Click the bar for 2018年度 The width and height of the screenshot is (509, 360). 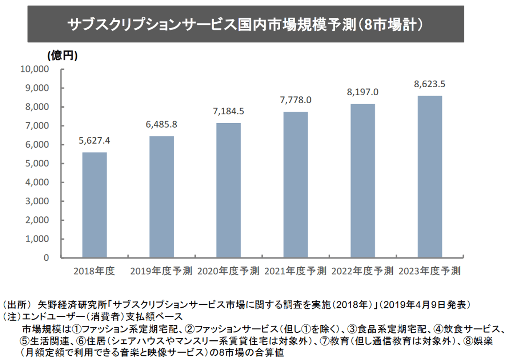click(x=95, y=205)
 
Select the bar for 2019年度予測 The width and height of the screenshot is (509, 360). click(x=161, y=197)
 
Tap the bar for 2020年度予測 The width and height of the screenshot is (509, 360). click(x=228, y=191)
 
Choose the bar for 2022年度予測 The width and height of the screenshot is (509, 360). click(x=362, y=181)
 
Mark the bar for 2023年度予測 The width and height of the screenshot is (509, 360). click(x=430, y=177)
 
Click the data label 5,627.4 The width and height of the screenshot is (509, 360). click(x=95, y=141)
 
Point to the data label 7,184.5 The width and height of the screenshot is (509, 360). click(x=228, y=111)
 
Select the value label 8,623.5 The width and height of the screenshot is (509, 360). click(x=430, y=84)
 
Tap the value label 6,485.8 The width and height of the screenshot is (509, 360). click(x=161, y=125)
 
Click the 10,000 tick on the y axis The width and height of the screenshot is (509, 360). click(x=35, y=69)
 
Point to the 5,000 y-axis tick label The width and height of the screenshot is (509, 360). click(x=37, y=164)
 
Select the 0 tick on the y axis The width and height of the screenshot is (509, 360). click(x=46, y=258)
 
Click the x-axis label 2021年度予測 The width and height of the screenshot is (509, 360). click(x=295, y=271)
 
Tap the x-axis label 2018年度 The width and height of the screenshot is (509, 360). click(x=94, y=271)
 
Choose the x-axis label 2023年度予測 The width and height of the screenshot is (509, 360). click(x=429, y=271)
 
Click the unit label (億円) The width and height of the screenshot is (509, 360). click(x=63, y=56)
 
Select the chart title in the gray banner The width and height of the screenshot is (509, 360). click(x=245, y=25)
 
